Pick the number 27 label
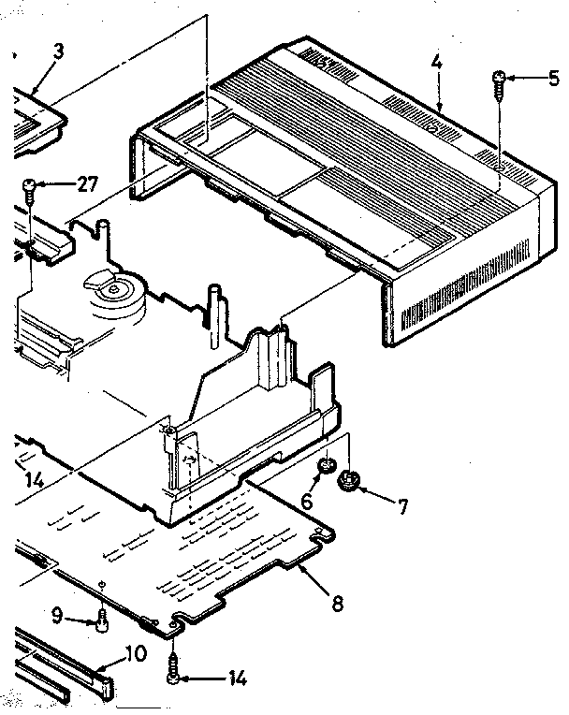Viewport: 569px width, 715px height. pos(87,184)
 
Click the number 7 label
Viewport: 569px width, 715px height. pos(402,507)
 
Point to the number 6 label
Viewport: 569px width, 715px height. pos(306,501)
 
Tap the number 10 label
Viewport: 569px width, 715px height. pos(137,652)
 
